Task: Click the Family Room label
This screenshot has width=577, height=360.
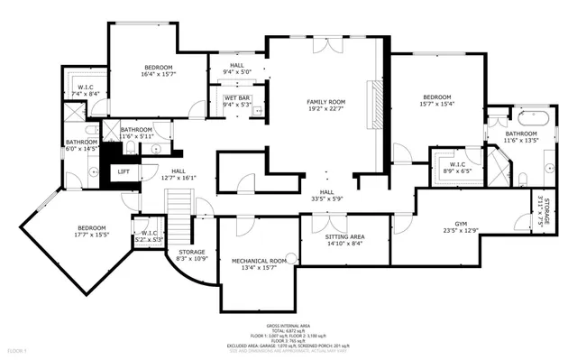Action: click(x=326, y=102)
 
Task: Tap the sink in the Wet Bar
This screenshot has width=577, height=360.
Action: click(x=257, y=111)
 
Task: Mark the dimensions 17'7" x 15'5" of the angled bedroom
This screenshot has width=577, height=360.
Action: click(x=92, y=235)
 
